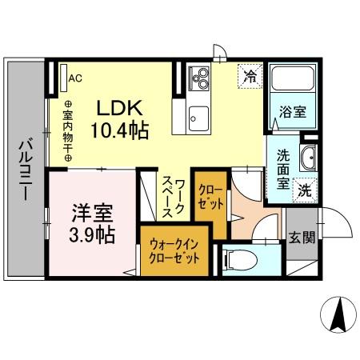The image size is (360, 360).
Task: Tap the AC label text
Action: click(76, 78)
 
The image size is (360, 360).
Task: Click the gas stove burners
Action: click(198, 78)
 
